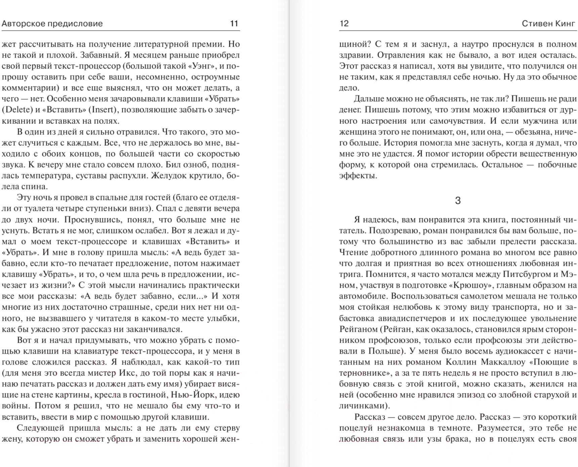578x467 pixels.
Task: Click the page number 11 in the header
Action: click(234, 24)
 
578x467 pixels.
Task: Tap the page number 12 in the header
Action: click(344, 24)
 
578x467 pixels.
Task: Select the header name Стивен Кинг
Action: click(549, 24)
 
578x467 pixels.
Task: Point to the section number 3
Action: click(458, 201)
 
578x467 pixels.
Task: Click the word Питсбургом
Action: click(527, 274)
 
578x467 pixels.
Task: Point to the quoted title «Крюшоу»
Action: click(471, 285)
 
